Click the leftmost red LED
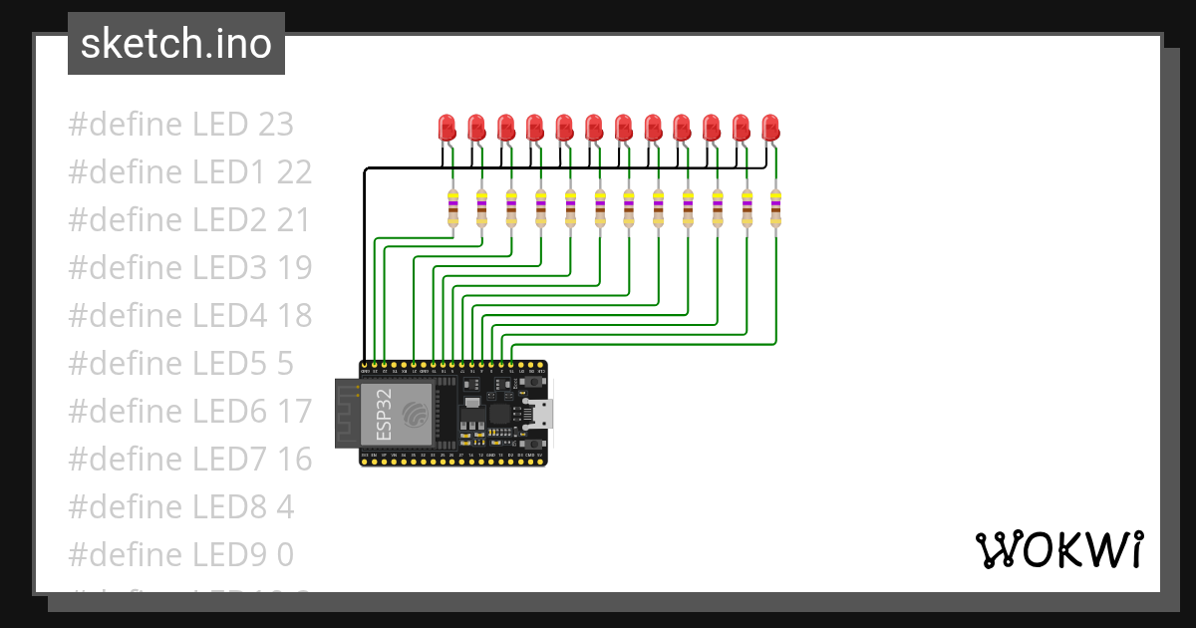[448, 128]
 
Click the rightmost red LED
[770, 128]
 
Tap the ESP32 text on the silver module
[384, 415]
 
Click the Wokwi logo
[1057, 549]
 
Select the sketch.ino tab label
[176, 44]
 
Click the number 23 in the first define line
[275, 125]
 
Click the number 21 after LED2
[293, 220]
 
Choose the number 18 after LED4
[294, 316]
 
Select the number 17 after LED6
[294, 412]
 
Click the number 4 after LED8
[285, 507]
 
